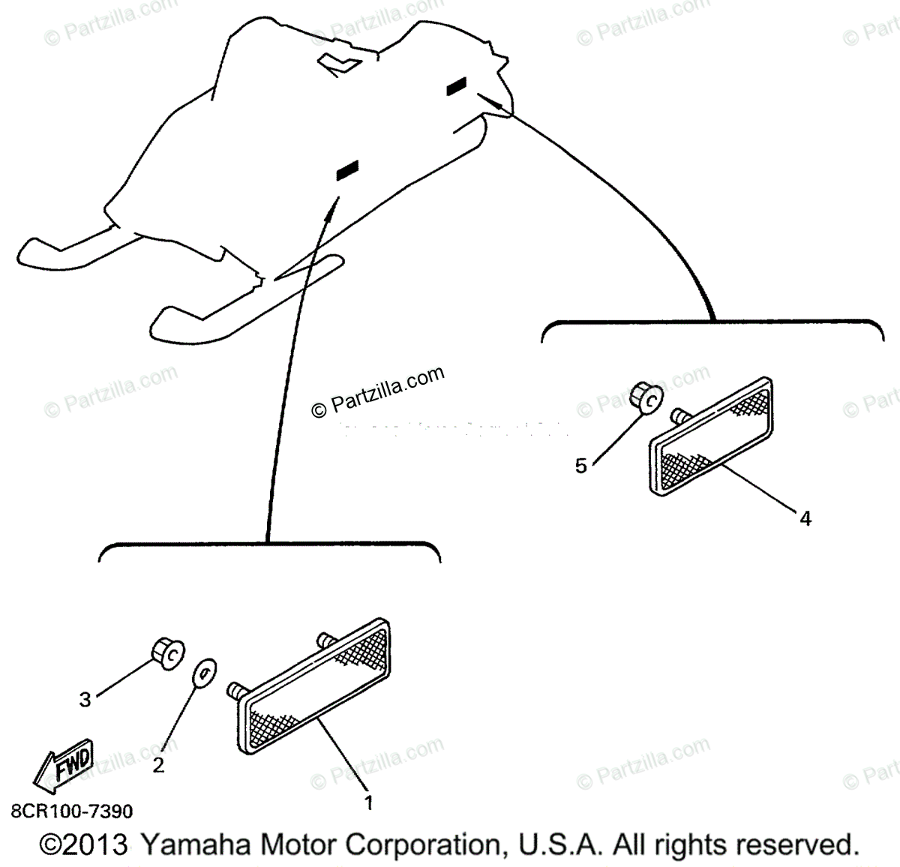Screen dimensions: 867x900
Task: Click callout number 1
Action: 368,802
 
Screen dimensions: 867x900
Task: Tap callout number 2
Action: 158,766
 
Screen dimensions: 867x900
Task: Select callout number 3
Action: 85,699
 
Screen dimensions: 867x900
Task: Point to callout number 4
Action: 805,517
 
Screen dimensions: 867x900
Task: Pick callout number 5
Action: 581,466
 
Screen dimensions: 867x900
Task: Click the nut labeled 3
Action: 166,652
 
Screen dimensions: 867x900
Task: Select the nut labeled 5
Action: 645,397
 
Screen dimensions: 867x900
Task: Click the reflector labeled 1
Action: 315,686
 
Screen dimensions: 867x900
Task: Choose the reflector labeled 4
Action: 711,436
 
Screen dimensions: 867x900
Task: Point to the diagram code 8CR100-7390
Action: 72,811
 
